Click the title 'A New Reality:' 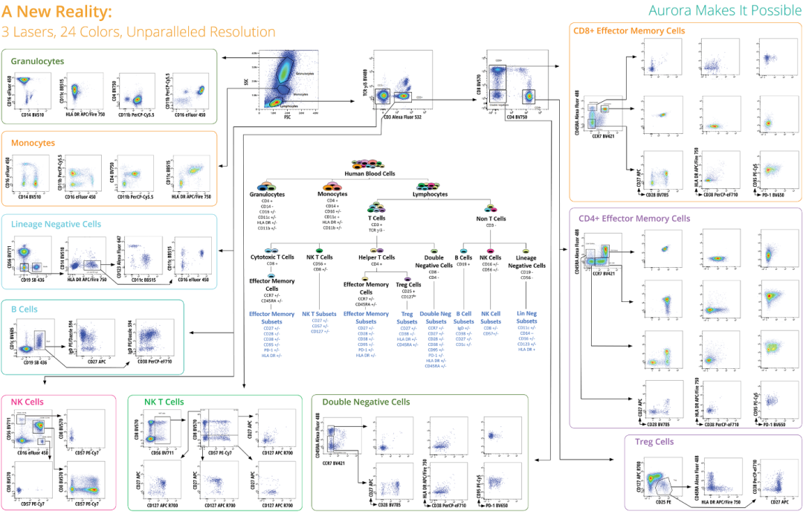coord(57,13)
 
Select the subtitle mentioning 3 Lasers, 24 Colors coord(139,32)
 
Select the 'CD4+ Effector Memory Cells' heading coord(633,218)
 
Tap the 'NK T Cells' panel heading coord(164,402)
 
